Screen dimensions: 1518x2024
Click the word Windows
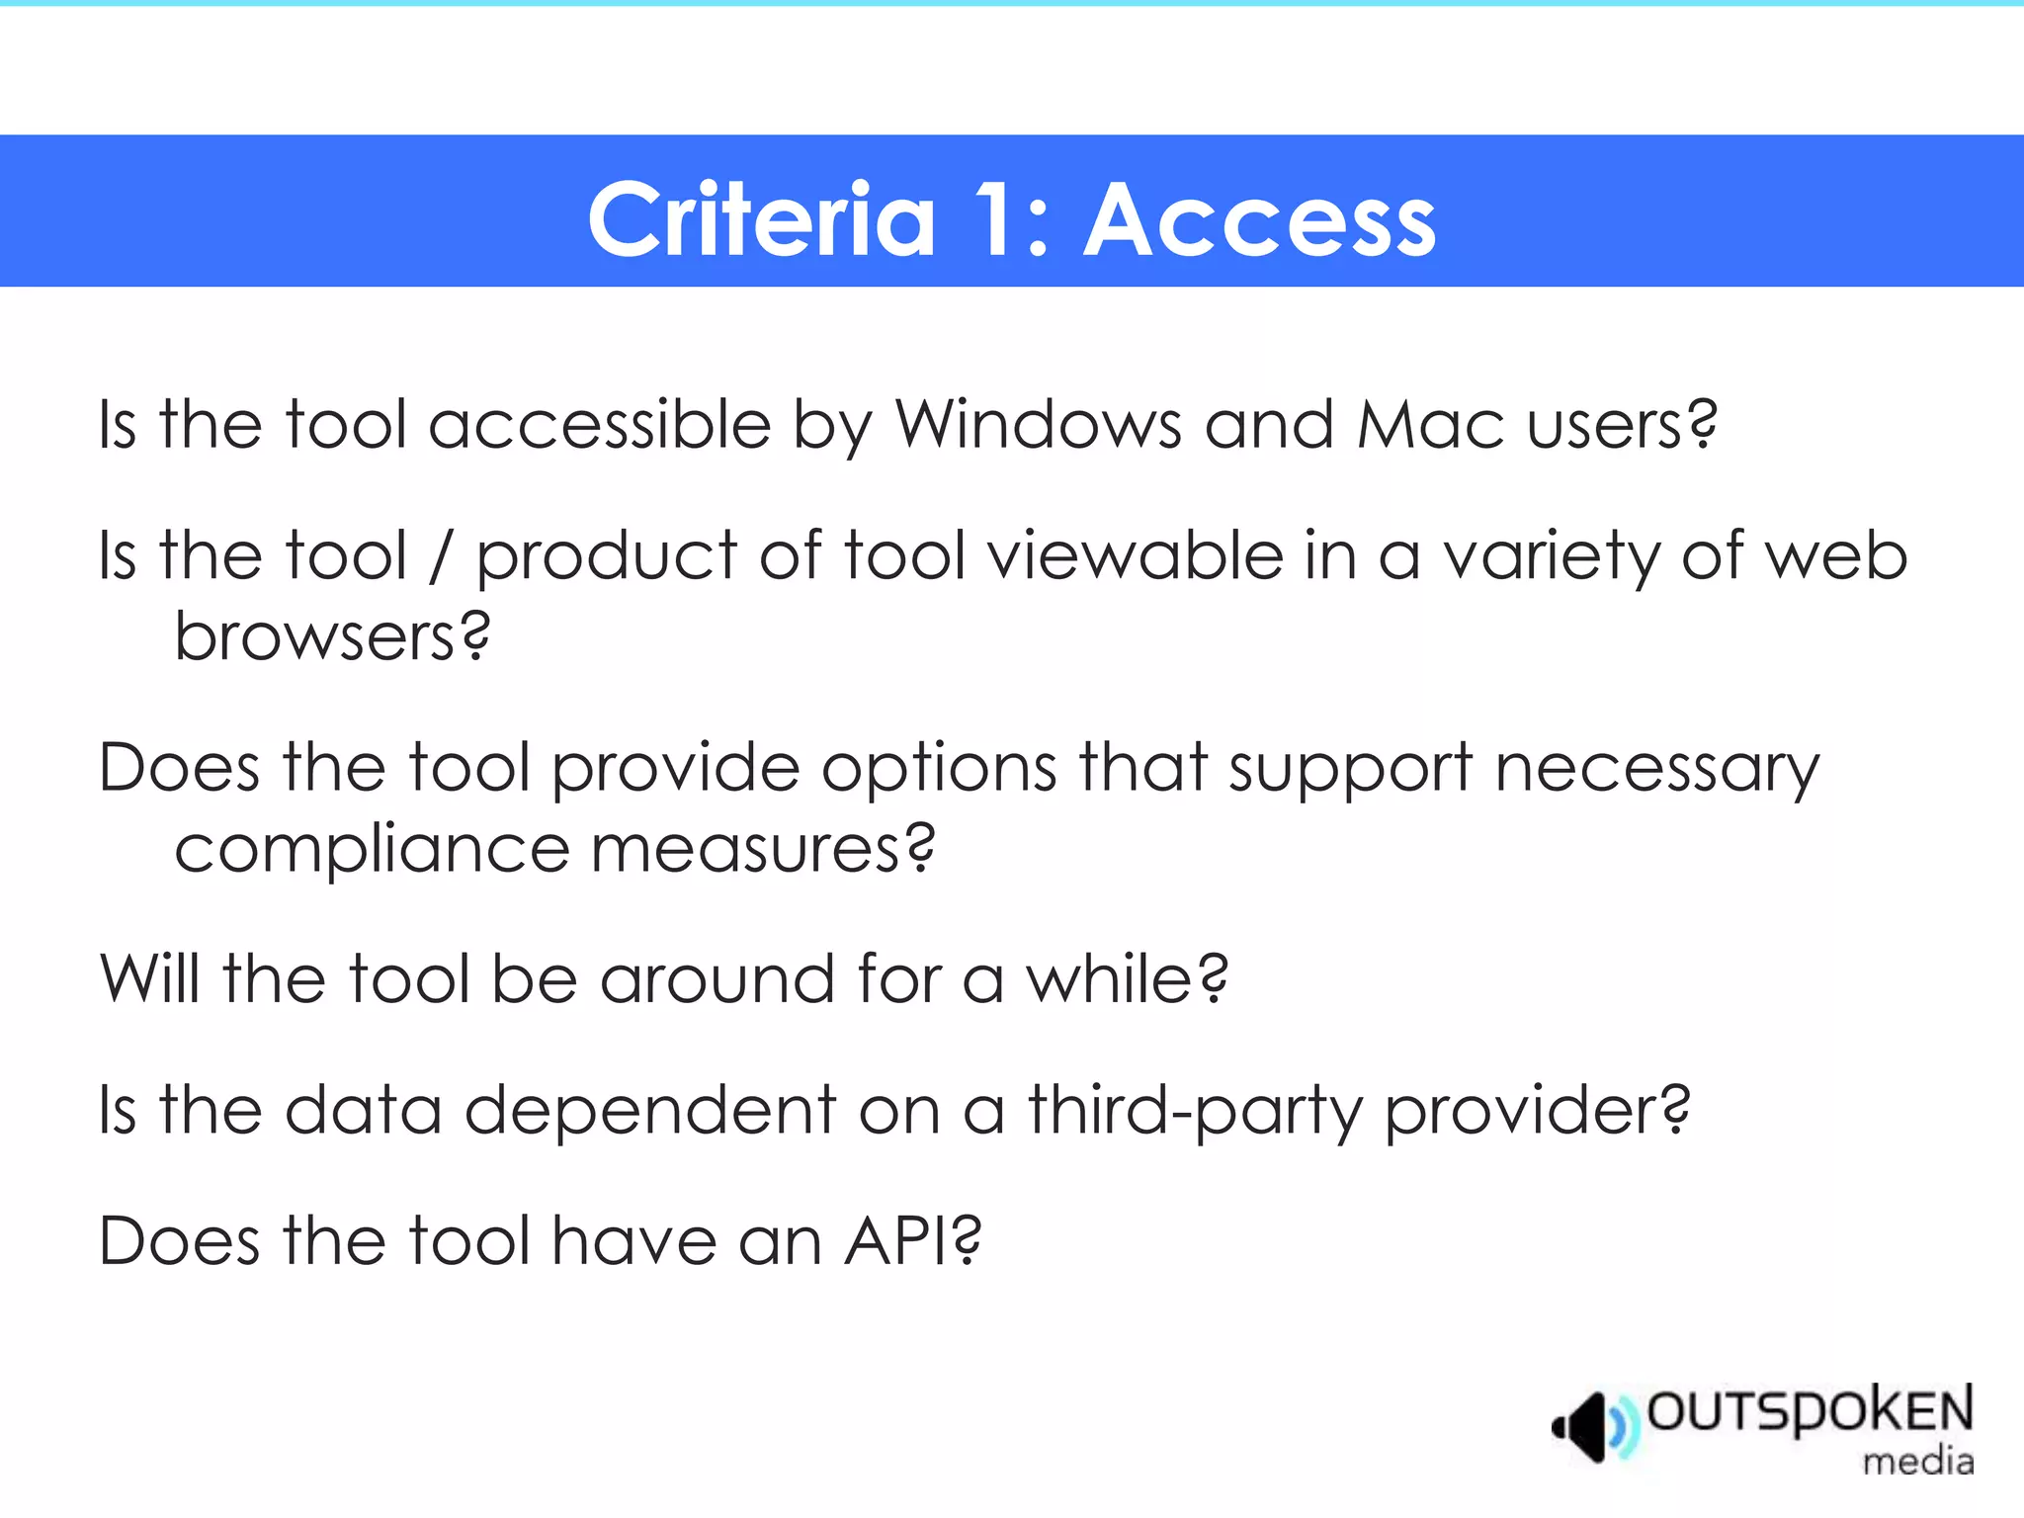pos(1038,425)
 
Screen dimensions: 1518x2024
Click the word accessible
pos(599,425)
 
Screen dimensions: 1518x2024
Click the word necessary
pos(1656,769)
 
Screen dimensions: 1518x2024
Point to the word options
pos(939,769)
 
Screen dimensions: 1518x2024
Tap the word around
pos(717,978)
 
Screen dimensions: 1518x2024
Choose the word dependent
pos(650,1110)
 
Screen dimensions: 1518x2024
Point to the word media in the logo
pos(1917,1462)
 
